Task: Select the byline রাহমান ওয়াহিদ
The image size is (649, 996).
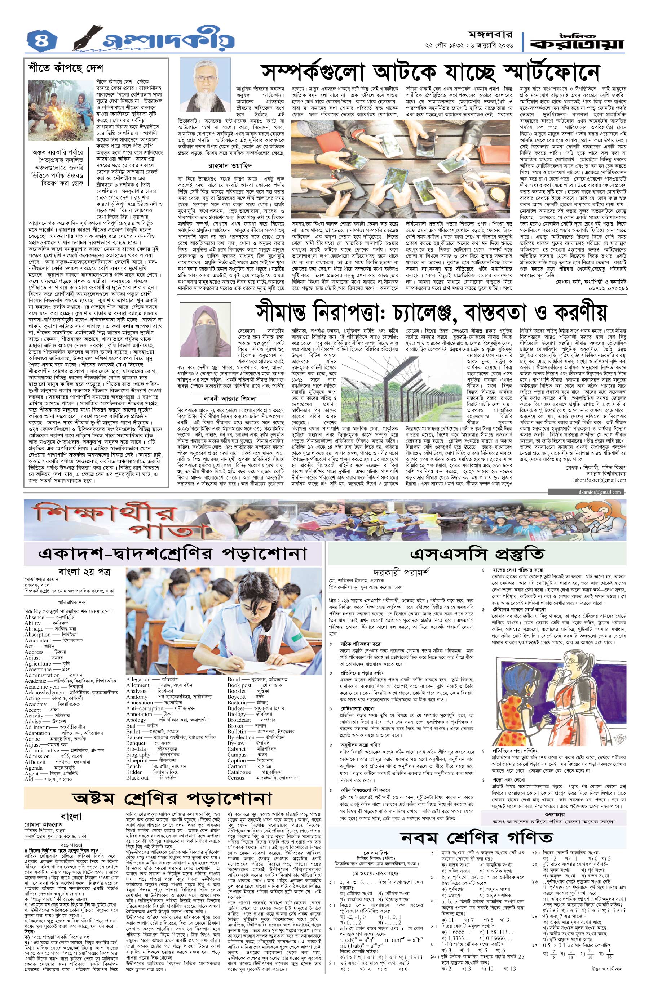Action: (x=231, y=166)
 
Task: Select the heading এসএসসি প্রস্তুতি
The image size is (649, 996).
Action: (x=477, y=553)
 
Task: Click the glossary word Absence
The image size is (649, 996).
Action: (x=34, y=617)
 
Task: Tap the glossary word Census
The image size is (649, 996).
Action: (x=236, y=778)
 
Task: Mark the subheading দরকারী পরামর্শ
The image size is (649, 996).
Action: (x=401, y=572)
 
